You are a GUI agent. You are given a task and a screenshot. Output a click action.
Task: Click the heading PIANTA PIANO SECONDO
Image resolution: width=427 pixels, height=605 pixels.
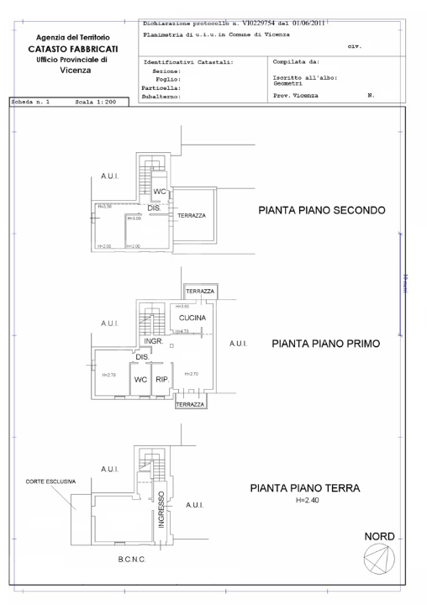tap(321, 211)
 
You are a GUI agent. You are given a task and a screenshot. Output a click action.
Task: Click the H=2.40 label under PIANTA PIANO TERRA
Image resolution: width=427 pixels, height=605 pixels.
tap(308, 500)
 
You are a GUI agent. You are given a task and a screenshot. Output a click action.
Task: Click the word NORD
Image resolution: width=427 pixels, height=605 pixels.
tap(378, 535)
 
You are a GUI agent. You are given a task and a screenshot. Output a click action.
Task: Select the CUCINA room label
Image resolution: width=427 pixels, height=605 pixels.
tap(192, 318)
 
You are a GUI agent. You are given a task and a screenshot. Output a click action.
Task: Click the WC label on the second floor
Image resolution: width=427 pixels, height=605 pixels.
tap(160, 192)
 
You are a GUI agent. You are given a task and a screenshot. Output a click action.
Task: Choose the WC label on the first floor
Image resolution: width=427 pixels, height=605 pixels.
tap(141, 379)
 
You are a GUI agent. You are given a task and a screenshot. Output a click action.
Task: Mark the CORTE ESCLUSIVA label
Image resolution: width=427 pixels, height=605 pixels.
tap(50, 481)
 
